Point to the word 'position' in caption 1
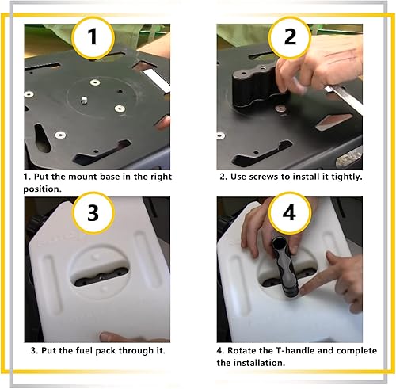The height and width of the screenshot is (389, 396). (45, 189)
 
